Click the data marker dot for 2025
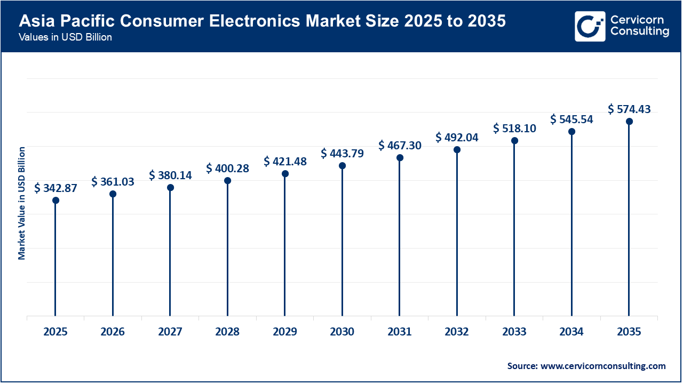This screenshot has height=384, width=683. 55,201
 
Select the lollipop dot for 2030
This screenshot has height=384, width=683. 342,166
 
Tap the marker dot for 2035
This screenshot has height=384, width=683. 629,122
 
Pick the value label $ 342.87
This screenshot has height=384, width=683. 55,188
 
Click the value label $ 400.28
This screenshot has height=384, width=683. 227,169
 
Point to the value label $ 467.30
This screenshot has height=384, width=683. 400,145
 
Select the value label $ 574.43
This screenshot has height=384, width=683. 629,109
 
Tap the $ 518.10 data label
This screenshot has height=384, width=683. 514,128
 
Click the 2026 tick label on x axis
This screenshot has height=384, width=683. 113,332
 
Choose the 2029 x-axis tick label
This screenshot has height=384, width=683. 285,332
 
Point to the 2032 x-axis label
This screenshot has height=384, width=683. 457,332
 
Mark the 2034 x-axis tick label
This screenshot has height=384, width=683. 571,332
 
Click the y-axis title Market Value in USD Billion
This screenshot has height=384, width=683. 22,203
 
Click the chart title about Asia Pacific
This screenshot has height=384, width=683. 262,21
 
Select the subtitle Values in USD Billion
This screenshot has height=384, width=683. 65,38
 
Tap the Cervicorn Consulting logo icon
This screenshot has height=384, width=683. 590,26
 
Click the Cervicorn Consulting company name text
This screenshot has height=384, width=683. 639,26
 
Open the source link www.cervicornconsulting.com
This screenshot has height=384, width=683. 603,366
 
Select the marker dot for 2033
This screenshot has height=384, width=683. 514,141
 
